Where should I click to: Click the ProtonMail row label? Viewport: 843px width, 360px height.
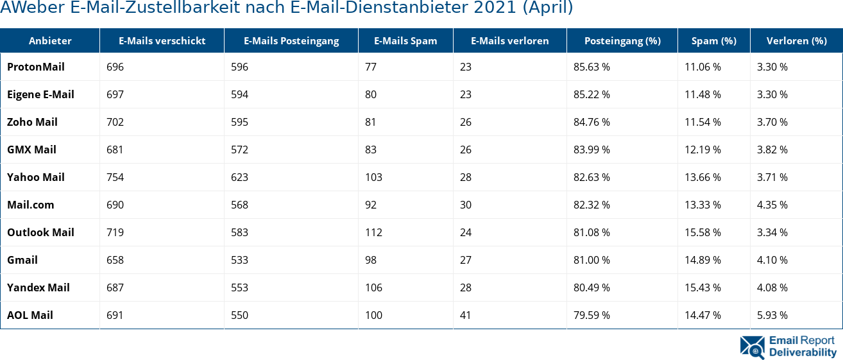pos(36,67)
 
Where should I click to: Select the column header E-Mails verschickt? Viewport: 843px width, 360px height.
pos(162,41)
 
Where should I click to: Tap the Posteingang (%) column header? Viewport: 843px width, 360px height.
pos(622,41)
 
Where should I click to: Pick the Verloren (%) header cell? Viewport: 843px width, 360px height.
pos(796,41)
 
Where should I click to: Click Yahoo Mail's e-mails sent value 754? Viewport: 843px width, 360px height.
pos(115,177)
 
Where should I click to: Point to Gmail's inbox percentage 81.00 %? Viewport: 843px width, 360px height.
pos(592,260)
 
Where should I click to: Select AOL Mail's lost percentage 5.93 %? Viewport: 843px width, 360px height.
pos(772,315)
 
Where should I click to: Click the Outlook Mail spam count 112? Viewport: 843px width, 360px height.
pos(373,232)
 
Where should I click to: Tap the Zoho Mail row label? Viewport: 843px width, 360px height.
pos(32,122)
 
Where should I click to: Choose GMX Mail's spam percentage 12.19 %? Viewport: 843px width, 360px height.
pos(702,150)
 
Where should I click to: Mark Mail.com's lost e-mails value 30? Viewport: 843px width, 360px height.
pos(465,205)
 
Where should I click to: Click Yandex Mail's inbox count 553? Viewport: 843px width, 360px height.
pos(239,287)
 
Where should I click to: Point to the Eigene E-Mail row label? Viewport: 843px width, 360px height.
pos(40,94)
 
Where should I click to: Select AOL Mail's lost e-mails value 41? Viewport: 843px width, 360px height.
pos(465,315)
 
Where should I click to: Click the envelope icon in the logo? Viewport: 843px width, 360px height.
pos(752,347)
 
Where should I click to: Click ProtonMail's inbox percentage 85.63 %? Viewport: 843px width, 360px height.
pos(592,67)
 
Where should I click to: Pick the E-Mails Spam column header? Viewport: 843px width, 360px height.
pos(405,41)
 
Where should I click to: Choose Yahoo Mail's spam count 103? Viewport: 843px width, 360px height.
pos(373,177)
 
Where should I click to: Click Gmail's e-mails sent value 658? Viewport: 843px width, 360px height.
pos(115,260)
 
